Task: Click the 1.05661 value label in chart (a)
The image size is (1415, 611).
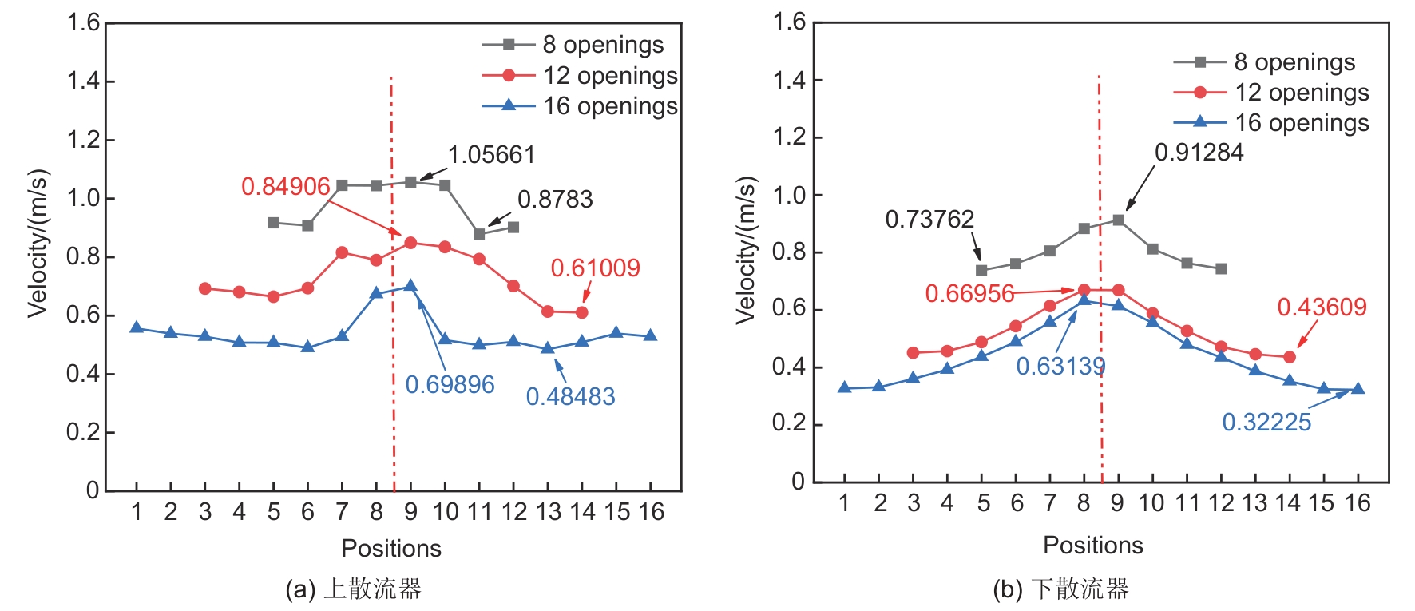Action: click(x=491, y=155)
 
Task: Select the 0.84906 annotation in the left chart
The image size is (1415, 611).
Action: click(x=285, y=187)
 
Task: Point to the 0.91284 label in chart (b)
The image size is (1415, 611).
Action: click(x=1199, y=153)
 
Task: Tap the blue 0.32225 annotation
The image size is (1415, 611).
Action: click(x=1266, y=422)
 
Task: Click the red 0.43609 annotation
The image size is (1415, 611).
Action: click(x=1322, y=307)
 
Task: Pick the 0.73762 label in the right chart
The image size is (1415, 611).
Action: click(x=929, y=219)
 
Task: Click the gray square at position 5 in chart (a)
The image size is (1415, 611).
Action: click(x=274, y=223)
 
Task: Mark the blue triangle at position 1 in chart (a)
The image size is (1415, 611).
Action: click(x=137, y=327)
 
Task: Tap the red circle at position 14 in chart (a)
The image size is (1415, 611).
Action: click(x=581, y=312)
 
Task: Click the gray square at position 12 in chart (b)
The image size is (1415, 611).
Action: click(x=1221, y=269)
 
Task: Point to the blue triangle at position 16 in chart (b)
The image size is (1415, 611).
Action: click(x=1358, y=389)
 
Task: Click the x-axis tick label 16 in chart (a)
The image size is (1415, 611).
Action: click(x=652, y=512)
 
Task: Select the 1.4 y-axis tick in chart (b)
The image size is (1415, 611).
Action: click(x=788, y=80)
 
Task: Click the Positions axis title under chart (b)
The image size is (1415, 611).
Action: click(x=1092, y=546)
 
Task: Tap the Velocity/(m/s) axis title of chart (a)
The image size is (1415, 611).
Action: click(x=38, y=244)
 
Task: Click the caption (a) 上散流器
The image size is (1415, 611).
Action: click(x=353, y=589)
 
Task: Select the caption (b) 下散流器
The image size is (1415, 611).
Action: click(x=1060, y=589)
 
